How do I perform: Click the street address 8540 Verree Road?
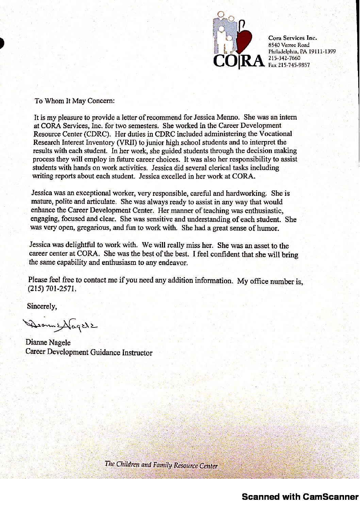point(289,45)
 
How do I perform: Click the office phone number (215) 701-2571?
point(51,289)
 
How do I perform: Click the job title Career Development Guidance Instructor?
point(89,352)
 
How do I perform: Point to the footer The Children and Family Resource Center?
point(161,464)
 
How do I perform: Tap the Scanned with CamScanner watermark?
point(300,497)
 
